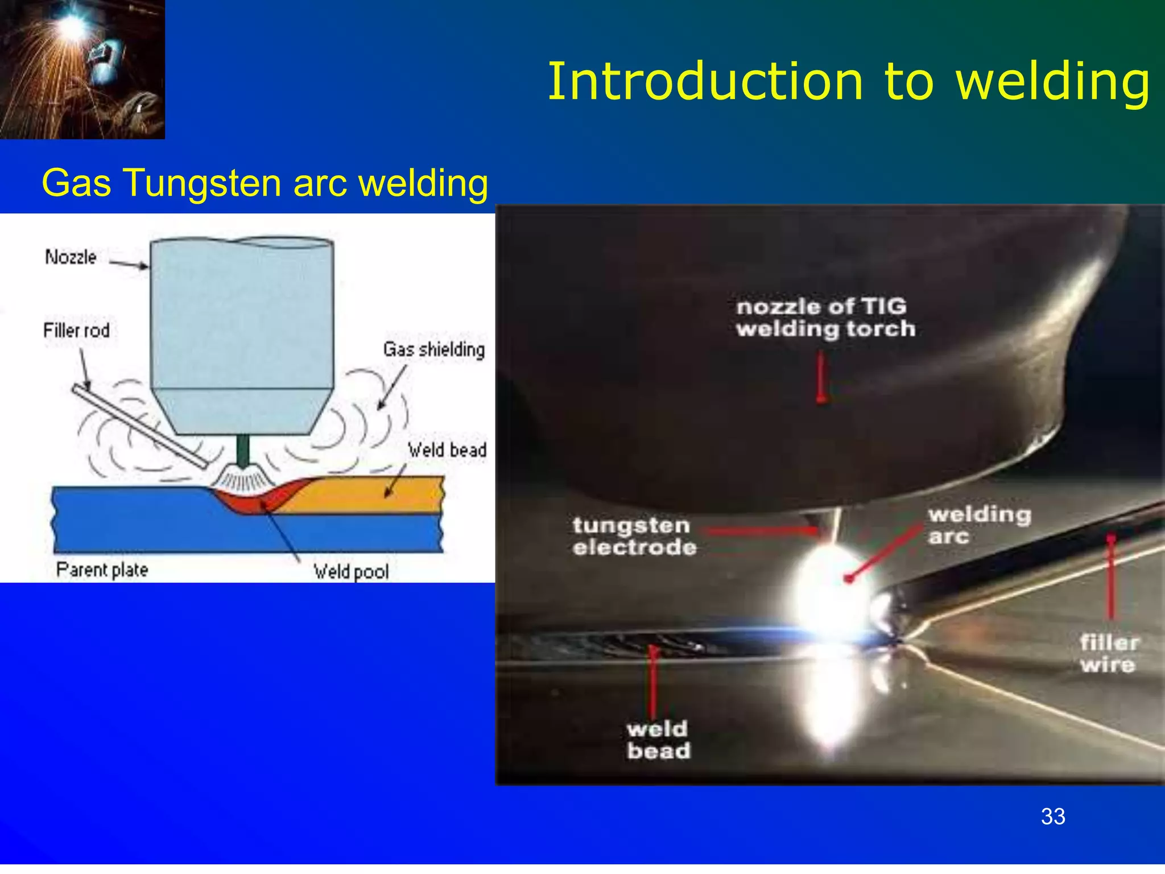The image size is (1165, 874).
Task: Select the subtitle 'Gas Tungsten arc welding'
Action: point(265,183)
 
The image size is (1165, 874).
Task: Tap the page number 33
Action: point(1053,817)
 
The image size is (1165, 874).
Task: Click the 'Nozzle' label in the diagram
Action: point(71,257)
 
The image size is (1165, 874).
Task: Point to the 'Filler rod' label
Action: point(77,331)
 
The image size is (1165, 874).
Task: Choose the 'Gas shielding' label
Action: point(434,349)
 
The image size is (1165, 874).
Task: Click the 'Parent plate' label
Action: point(102,570)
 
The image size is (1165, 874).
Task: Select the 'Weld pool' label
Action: point(351,571)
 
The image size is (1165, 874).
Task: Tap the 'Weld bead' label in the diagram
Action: point(447,450)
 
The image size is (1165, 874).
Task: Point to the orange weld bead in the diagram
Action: point(364,494)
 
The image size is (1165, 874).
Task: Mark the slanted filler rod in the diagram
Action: point(139,426)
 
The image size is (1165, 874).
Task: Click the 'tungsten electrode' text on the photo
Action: point(634,536)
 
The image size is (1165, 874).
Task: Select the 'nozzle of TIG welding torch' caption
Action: point(825,318)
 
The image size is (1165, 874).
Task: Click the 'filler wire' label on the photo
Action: point(1109,654)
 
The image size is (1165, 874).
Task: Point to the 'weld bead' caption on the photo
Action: point(659,740)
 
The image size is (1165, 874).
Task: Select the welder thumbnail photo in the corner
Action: point(82,69)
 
